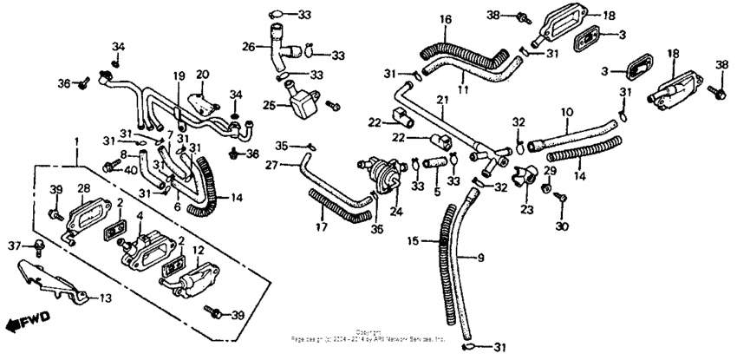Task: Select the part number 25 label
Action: (270, 106)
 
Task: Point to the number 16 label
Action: (445, 19)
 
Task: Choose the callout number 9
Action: (482, 257)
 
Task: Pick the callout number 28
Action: (85, 188)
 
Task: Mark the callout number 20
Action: (202, 74)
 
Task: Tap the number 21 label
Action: (441, 101)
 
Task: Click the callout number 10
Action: (567, 112)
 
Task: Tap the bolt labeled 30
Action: (559, 199)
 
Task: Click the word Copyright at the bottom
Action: (368, 331)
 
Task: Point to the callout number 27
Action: (271, 164)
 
